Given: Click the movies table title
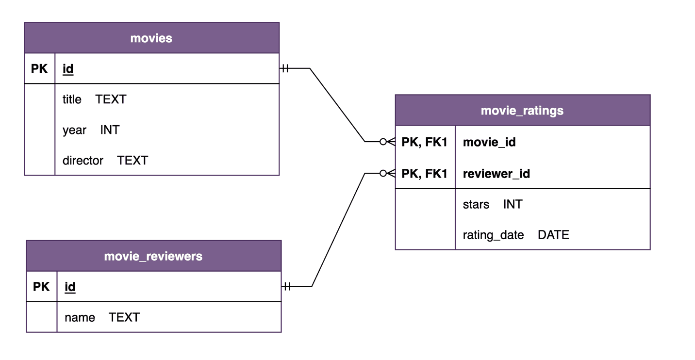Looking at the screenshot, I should coord(151,38).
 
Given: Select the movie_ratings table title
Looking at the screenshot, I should coord(522,111).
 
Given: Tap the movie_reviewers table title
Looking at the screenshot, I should coord(153,256).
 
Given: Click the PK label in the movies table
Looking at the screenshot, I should coord(39,69).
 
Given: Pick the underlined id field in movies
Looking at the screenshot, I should coord(68,69).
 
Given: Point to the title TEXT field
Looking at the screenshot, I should coord(94,99).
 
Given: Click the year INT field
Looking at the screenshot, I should coord(91,130).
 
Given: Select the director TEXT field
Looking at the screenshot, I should coord(105,161).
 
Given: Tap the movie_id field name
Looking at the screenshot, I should coord(489,142).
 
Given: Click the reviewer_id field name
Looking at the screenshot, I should coord(496,174).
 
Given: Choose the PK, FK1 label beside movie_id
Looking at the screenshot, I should coord(425,142).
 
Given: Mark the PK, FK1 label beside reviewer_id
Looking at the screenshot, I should coord(425,174).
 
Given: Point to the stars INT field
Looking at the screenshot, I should coord(492,204).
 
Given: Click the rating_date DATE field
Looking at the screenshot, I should coord(515,235).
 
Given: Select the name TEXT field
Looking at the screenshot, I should coord(102,317).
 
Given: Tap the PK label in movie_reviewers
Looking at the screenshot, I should coord(41,287).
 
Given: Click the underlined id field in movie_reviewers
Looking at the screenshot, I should coord(70,287).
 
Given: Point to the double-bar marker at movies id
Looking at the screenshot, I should coord(285,69).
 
